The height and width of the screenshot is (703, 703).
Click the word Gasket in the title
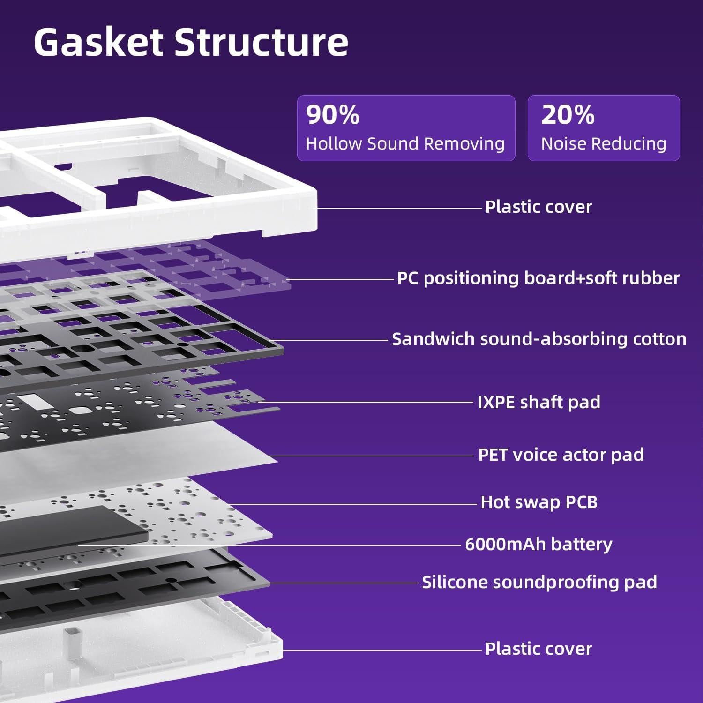coord(99,43)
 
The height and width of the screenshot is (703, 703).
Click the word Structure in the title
coord(262,43)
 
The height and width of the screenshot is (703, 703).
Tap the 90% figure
coord(333,114)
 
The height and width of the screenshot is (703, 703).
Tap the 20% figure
coord(568,114)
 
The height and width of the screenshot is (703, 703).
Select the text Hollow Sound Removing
coord(405,143)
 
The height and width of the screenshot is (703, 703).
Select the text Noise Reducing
coord(604,143)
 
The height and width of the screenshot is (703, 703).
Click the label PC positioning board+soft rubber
coord(538,278)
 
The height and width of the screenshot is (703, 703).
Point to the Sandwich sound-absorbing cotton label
coord(539,339)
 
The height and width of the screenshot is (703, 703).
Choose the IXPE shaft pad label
coord(539,402)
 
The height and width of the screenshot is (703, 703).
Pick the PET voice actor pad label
coord(561,455)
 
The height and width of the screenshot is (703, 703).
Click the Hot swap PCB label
coord(539,502)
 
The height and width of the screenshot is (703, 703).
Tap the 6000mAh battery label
coord(538,544)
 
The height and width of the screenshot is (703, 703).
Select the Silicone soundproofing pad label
coord(539,582)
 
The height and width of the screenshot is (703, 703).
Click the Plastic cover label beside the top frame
coord(538,207)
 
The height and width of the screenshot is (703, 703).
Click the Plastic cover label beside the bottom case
coord(538,649)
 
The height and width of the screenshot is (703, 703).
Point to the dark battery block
coord(70,532)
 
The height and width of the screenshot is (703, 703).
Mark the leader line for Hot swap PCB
coord(352,504)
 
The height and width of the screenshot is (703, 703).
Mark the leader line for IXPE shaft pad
coord(366,402)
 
